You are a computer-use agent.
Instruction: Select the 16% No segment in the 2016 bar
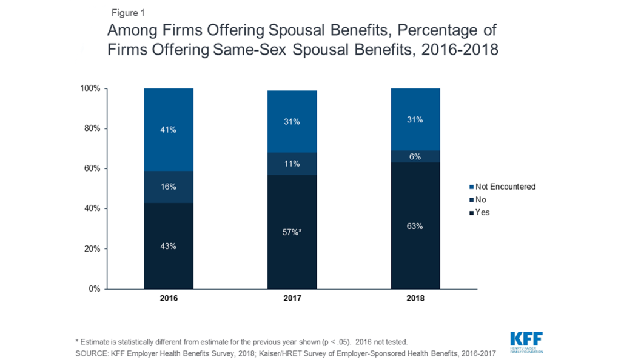pos(168,187)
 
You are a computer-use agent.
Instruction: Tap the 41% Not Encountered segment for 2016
pos(168,130)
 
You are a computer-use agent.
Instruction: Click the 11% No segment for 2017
pos(292,164)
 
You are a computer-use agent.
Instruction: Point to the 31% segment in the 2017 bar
pos(292,122)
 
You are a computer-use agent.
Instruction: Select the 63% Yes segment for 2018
pos(415,226)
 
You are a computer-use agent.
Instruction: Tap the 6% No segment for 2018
pos(415,156)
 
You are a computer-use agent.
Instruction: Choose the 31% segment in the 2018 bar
pos(415,120)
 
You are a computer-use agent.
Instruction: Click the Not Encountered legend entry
pos(501,187)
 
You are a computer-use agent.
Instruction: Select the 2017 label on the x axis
pos(292,299)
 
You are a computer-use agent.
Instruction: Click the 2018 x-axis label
pos(415,299)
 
